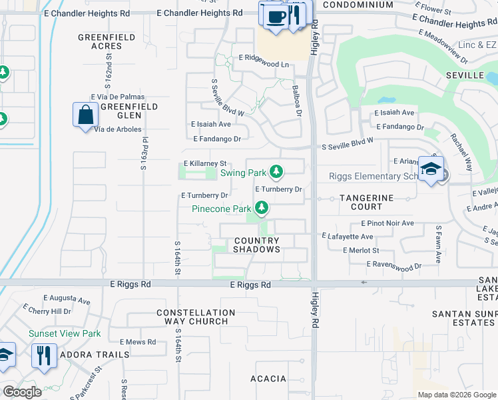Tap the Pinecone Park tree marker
262,209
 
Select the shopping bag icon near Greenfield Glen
86,115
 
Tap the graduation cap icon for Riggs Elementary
431,168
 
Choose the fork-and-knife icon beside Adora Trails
45,355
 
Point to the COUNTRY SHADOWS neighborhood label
256,245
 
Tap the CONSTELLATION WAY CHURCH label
196,317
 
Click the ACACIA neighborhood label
268,379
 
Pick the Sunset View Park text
64,333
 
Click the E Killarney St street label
206,163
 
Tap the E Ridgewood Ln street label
264,65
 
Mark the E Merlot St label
361,251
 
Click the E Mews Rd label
138,342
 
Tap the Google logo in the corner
23,392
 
